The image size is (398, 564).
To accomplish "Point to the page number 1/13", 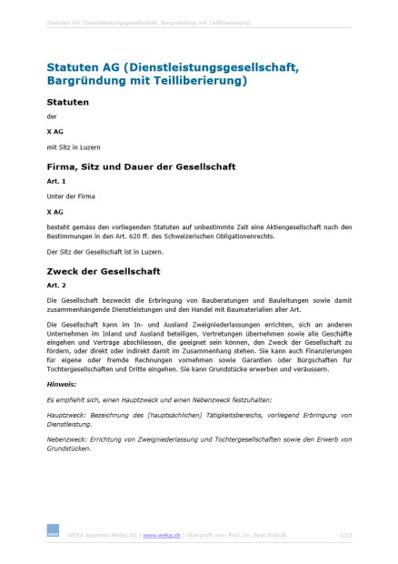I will tap(344, 536).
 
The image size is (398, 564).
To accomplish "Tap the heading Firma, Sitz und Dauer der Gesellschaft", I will tap(141, 166).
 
